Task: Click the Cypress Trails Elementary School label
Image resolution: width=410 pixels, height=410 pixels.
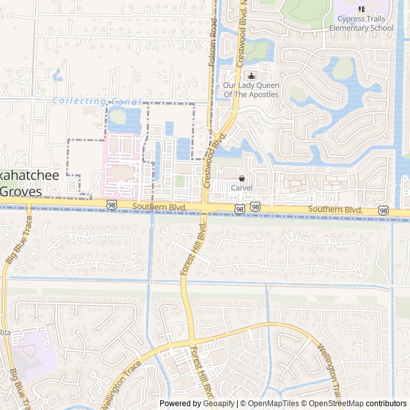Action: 361,24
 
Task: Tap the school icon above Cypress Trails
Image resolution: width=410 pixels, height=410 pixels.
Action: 361,10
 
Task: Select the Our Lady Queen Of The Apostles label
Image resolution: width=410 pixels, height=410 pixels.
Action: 250,90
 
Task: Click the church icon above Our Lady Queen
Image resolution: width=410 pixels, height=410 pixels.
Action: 250,76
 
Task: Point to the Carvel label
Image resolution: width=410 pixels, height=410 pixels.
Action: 242,188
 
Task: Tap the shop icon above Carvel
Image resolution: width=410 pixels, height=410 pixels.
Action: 242,177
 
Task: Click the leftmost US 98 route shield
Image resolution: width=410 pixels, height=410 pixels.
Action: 112,204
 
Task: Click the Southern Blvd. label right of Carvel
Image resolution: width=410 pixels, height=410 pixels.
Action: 335,210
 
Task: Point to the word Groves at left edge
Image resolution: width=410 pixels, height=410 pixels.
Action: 20,191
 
